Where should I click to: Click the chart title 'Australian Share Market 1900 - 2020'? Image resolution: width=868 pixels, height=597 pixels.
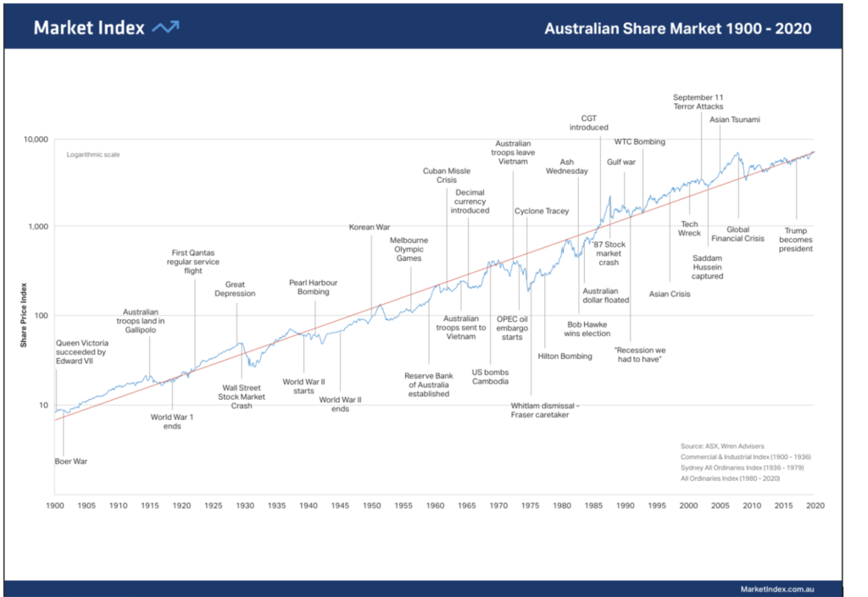coord(677,29)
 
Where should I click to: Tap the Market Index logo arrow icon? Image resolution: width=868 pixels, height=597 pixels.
coord(165,28)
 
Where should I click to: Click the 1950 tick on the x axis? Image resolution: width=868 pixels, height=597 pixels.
coord(371,506)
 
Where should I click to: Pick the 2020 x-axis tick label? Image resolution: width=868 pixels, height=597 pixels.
coord(815,506)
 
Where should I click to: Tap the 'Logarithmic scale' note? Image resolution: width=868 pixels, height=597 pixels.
coord(93,155)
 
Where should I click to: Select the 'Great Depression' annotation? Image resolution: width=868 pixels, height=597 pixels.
coord(235,290)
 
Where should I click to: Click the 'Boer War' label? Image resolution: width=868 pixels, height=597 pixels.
coord(71,462)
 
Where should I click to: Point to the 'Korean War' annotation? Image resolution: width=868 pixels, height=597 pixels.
coord(370,227)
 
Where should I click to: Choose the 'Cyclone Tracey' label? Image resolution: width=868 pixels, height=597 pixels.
coord(542,211)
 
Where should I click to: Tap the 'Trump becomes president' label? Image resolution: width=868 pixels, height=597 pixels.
coord(796,240)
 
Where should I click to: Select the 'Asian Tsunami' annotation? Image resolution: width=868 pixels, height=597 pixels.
coord(735,120)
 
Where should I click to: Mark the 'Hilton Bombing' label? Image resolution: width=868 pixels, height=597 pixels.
coord(565,357)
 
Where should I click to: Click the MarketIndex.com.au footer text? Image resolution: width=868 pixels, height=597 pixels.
coord(776,589)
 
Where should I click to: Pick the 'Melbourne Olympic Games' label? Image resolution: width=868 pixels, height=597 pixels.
coord(409,250)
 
